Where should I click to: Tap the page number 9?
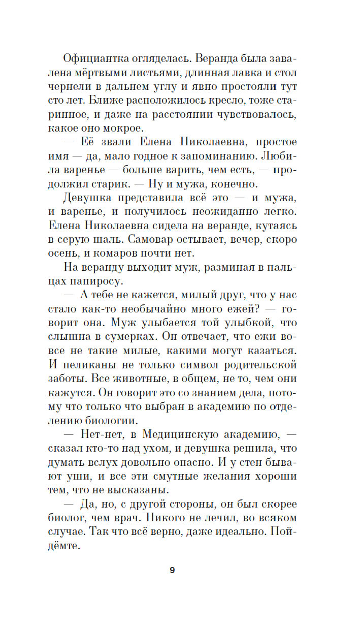172,570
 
